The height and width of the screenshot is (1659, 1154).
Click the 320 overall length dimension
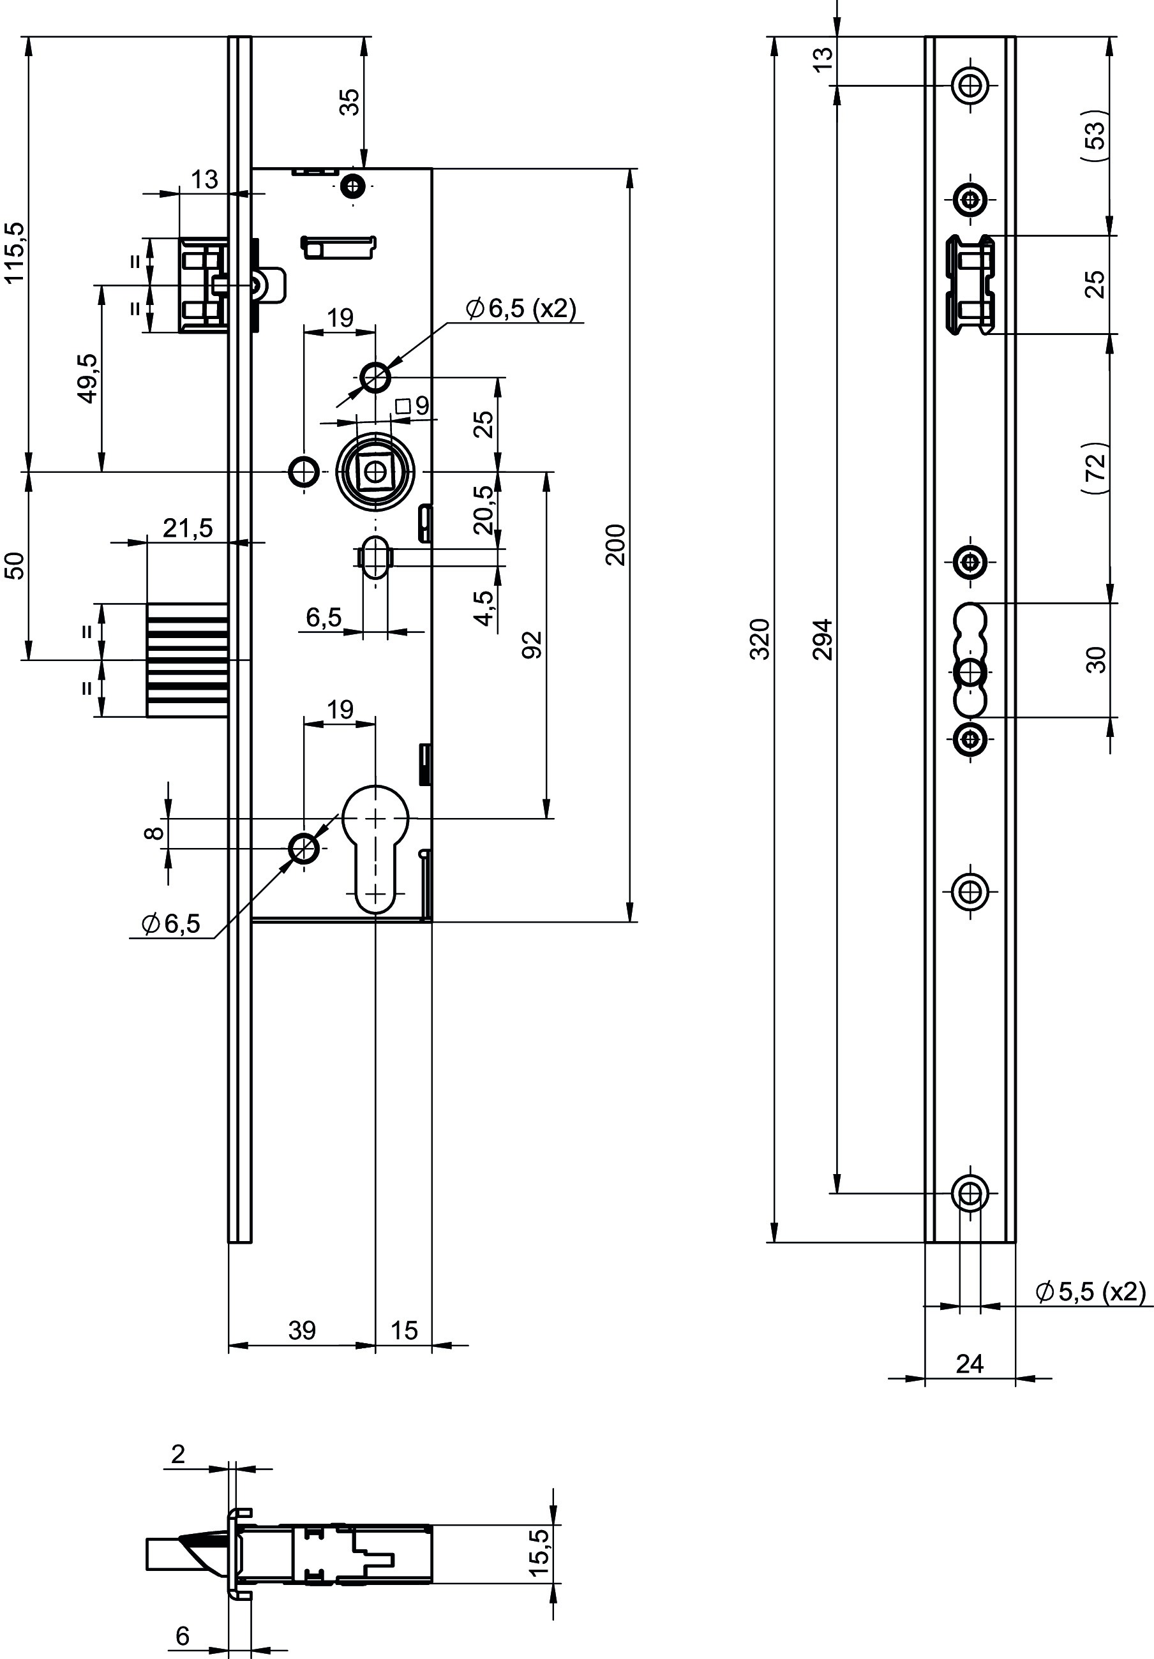(x=760, y=639)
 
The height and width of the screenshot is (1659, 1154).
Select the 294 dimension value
(x=823, y=639)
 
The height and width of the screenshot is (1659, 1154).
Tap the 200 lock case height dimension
(x=616, y=545)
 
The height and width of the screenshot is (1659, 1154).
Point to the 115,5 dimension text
(x=15, y=252)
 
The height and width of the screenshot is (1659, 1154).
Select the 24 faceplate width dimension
(x=970, y=1364)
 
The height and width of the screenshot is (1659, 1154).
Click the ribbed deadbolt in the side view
(x=188, y=660)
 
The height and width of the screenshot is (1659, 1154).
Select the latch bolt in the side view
(x=203, y=285)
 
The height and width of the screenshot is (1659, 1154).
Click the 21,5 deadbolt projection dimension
(x=188, y=528)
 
